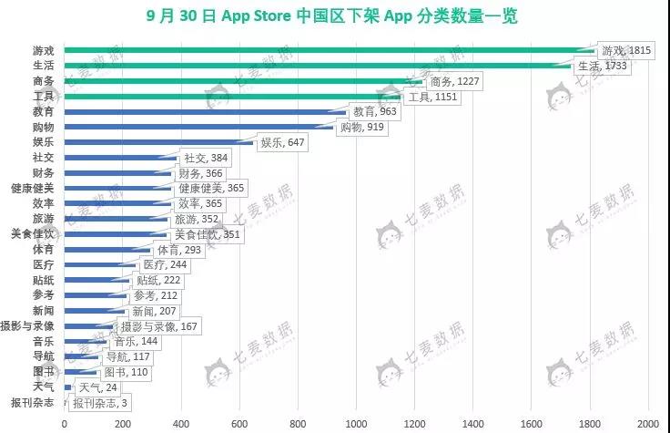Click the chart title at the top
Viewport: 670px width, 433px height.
click(335, 16)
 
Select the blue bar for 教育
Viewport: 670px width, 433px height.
click(200, 111)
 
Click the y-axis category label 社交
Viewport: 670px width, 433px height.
click(44, 157)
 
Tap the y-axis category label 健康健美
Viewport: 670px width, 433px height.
click(33, 188)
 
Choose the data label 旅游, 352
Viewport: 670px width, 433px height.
click(198, 219)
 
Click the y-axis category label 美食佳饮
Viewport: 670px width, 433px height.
click(33, 233)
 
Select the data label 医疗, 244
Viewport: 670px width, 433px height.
click(165, 264)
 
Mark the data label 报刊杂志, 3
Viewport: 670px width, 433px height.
click(100, 404)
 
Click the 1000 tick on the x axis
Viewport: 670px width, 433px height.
click(356, 424)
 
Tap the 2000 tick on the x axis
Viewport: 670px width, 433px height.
click(648, 424)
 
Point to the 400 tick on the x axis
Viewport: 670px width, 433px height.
click(180, 424)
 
